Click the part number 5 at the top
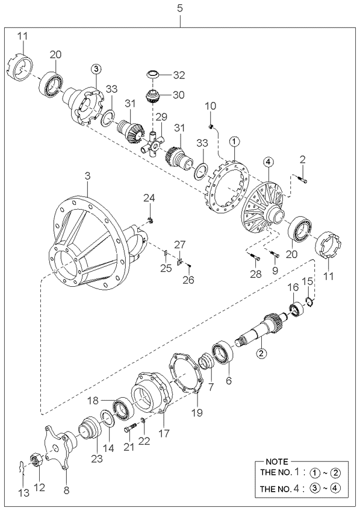(x=179, y=8)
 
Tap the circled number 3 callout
(x=96, y=69)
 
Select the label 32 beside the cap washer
(x=179, y=75)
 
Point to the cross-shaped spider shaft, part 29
(x=152, y=143)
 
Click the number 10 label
(x=210, y=106)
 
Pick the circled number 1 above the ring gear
(x=235, y=142)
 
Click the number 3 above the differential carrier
(x=87, y=177)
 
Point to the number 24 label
(x=149, y=198)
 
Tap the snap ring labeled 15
(x=310, y=302)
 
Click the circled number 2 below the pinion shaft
(x=261, y=353)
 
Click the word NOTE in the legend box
(x=277, y=462)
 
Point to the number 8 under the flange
(x=66, y=491)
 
